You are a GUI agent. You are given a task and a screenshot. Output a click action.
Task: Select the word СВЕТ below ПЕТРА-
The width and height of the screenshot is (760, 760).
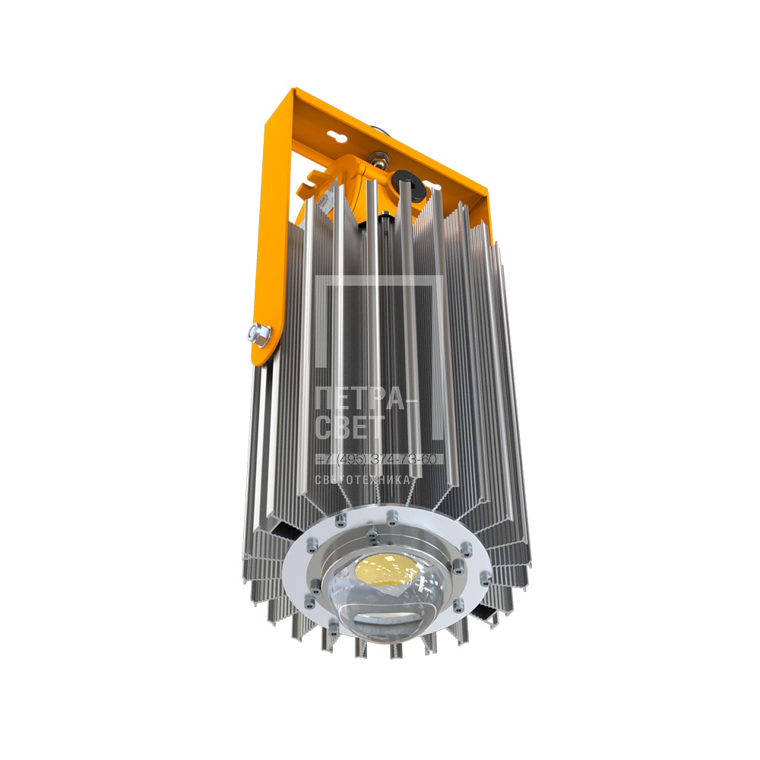[x=350, y=427]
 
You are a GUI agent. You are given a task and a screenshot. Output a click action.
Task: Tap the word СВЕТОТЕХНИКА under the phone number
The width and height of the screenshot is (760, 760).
[x=363, y=480]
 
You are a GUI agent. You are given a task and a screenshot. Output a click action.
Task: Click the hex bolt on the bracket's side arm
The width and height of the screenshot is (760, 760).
[x=259, y=334]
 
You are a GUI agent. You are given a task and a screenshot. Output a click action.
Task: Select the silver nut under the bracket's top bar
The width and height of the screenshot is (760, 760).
[x=378, y=159]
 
